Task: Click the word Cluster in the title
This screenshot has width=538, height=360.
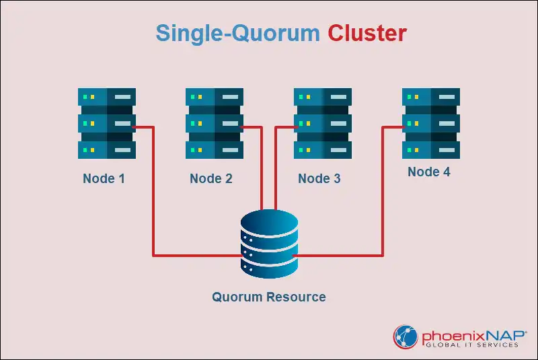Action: (367, 33)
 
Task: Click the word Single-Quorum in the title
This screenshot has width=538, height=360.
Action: (237, 33)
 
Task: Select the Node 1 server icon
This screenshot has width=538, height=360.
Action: (107, 123)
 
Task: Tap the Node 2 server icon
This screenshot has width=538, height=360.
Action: (215, 123)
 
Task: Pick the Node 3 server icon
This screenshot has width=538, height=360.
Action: (323, 123)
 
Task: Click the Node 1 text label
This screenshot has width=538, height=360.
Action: (104, 178)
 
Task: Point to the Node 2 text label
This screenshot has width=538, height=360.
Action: (211, 178)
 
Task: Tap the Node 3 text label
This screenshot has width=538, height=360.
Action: (319, 178)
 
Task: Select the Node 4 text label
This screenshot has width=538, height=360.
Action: (429, 172)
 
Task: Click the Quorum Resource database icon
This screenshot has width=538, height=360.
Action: (269, 244)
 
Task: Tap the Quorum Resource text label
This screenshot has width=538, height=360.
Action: (269, 297)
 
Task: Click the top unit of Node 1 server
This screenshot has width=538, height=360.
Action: (107, 97)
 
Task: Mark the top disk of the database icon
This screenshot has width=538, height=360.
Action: (269, 221)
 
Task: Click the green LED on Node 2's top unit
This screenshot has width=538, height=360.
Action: (192, 97)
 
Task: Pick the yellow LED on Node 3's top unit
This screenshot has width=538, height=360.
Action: (308, 97)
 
